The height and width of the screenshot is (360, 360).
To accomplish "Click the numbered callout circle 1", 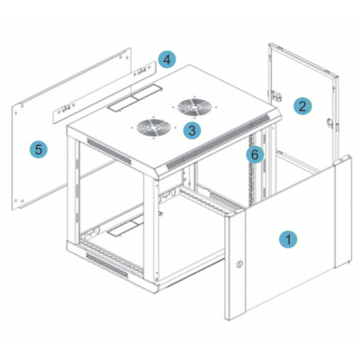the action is pyautogui.click(x=288, y=239).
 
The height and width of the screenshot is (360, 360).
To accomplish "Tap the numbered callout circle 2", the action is pyautogui.click(x=302, y=106).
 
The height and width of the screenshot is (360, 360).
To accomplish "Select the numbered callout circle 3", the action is pyautogui.click(x=192, y=130).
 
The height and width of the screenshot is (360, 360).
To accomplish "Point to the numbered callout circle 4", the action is pyautogui.click(x=167, y=59).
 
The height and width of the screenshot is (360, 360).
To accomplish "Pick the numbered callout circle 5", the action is pyautogui.click(x=39, y=149).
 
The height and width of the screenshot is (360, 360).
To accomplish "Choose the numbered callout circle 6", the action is pyautogui.click(x=255, y=155).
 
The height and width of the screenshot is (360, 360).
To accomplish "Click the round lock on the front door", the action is pyautogui.click(x=238, y=265).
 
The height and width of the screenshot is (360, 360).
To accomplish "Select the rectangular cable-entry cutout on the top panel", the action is pyautogui.click(x=135, y=98).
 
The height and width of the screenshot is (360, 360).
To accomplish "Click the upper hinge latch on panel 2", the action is pyautogui.click(x=276, y=95).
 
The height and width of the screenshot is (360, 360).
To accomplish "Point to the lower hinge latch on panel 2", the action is pyautogui.click(x=330, y=123).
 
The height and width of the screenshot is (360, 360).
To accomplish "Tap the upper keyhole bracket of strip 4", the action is pyautogui.click(x=142, y=71).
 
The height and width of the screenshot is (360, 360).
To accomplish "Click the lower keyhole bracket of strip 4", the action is pyautogui.click(x=67, y=107).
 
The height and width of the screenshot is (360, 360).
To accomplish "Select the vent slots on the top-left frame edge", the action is pyautogui.click(x=110, y=151).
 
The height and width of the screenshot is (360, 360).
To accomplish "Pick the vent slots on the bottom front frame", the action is pyautogui.click(x=107, y=265).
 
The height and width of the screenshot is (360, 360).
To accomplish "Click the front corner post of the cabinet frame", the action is pyautogui.click(x=150, y=229).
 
